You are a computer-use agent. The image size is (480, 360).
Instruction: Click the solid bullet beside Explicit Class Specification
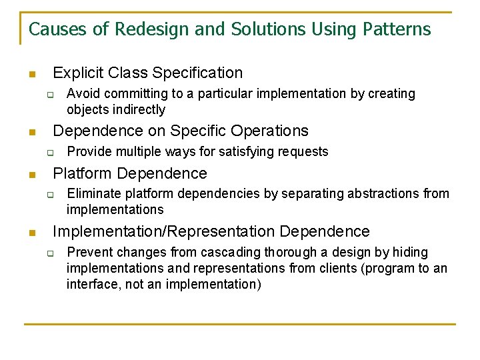tap(31, 74)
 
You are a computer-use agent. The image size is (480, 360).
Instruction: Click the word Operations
tap(270, 131)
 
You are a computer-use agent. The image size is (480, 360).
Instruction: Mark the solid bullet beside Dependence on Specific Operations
tap(31, 132)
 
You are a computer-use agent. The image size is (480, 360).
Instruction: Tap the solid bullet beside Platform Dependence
tap(31, 175)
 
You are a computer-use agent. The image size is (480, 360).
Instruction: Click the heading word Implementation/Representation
tap(164, 231)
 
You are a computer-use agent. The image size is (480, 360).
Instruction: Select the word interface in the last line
tap(92, 284)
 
